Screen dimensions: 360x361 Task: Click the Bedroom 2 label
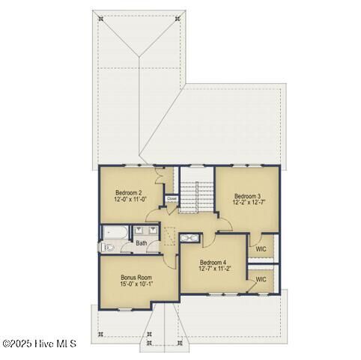pos(130,192)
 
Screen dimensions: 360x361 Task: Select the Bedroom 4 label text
pos(213,262)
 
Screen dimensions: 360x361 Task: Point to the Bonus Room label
pos(136,277)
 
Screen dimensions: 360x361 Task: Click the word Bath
pos(142,243)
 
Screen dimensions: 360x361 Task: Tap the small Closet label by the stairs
pos(172,199)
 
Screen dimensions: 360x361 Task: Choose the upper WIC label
pos(261,248)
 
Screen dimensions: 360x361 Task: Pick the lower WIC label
pos(261,279)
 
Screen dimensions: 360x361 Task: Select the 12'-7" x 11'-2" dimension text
pos(213,269)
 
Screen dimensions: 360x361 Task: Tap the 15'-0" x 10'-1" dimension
pos(136,284)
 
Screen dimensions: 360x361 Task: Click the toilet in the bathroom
pos(106,246)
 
